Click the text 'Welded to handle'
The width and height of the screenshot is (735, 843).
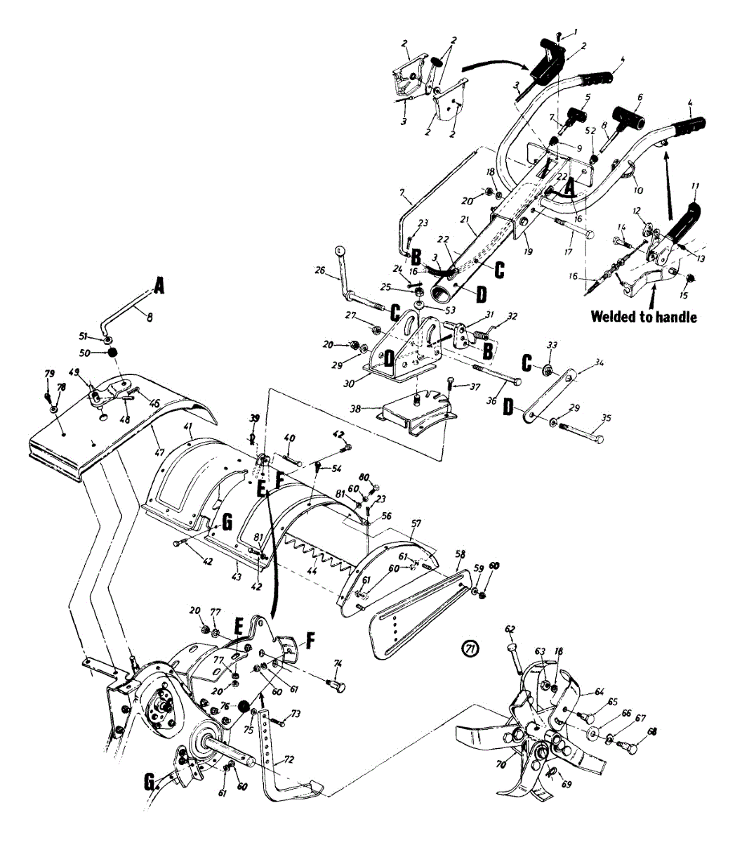[644, 317]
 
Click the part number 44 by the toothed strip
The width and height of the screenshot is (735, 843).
[312, 573]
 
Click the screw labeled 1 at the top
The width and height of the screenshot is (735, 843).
[559, 32]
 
